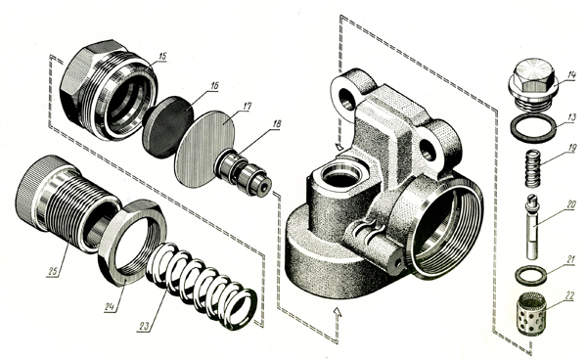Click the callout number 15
(161, 57)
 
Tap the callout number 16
(213, 86)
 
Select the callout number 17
(247, 107)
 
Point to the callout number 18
(276, 124)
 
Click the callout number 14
(570, 75)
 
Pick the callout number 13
(571, 117)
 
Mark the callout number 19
(571, 148)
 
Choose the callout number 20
(570, 204)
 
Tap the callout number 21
(570, 259)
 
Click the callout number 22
(569, 296)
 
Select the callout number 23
(144, 327)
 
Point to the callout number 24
(109, 307)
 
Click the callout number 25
(53, 271)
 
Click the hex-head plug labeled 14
(533, 83)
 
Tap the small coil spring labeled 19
(533, 168)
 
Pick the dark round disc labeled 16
(167, 127)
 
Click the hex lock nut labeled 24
(132, 243)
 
